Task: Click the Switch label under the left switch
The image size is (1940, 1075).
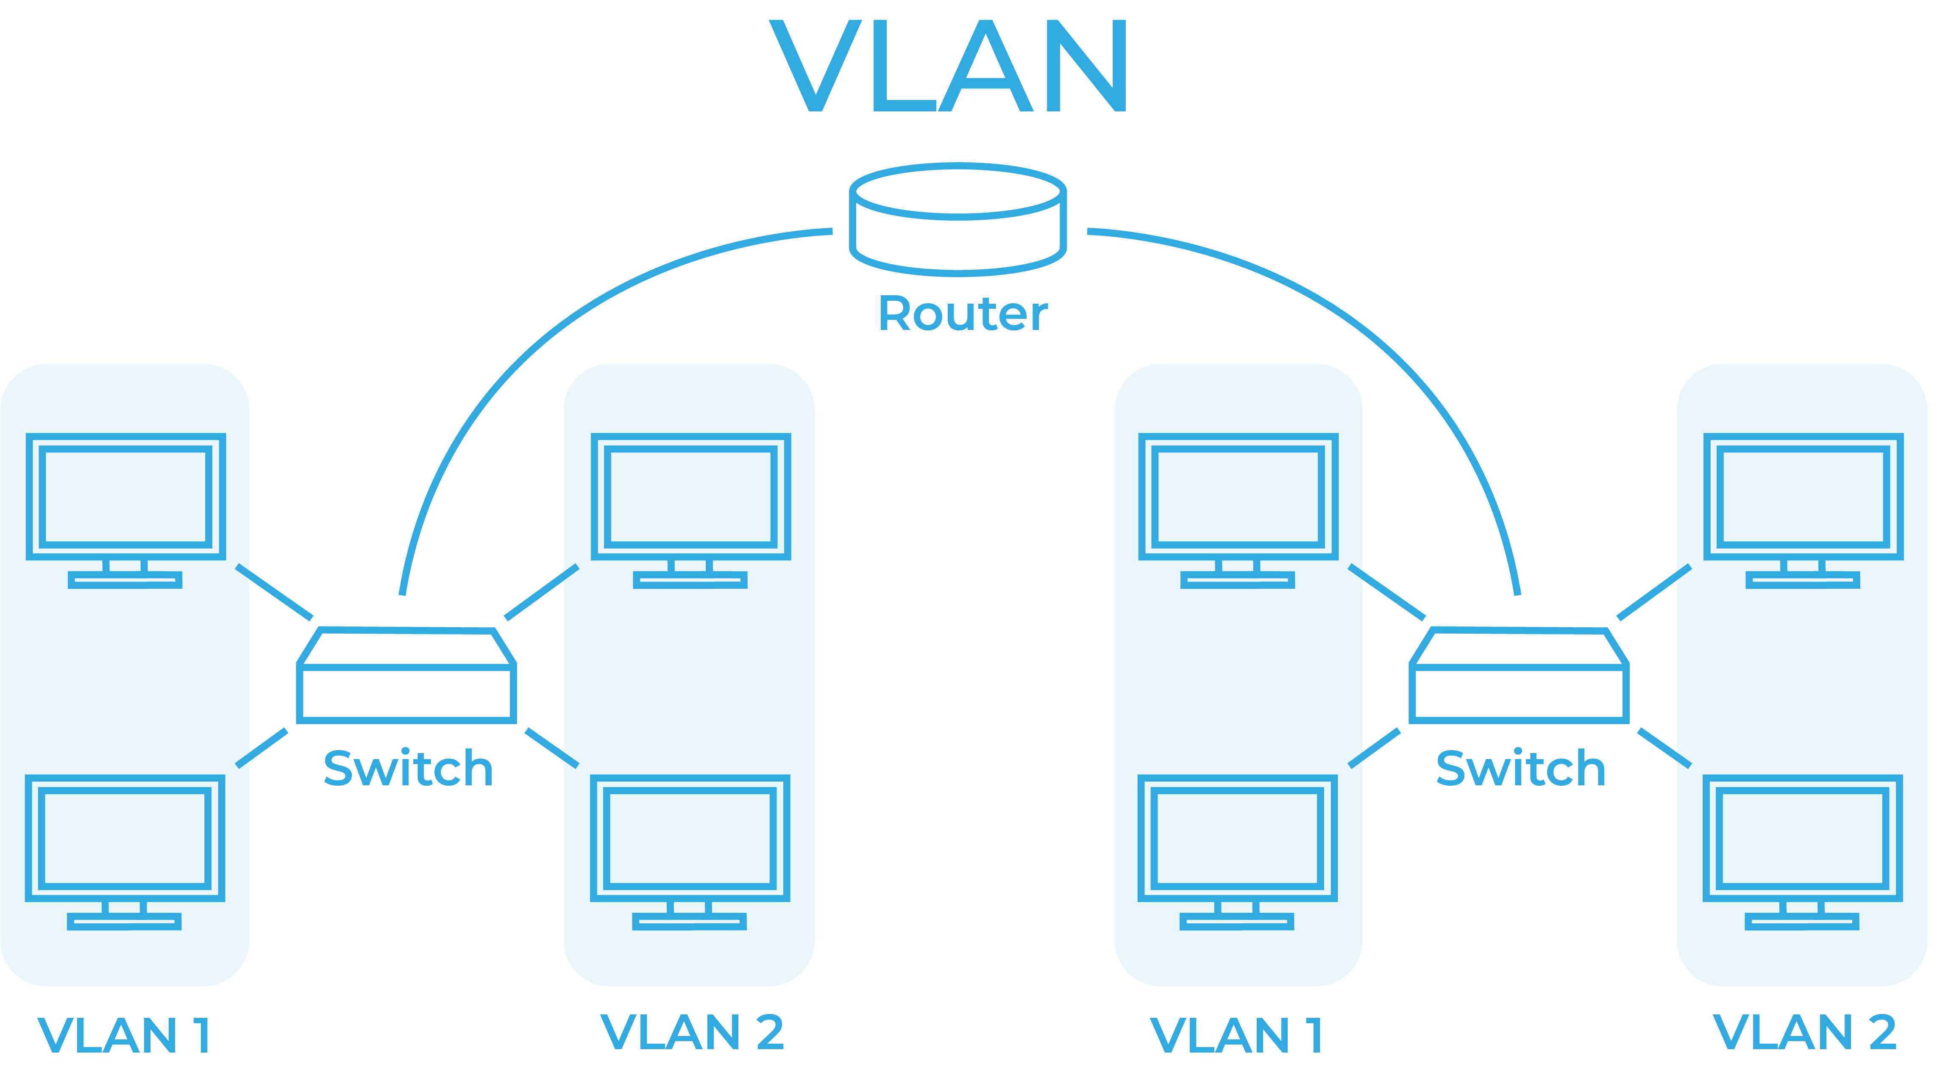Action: pyautogui.click(x=407, y=769)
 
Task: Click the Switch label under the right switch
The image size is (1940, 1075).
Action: pyautogui.click(x=1520, y=769)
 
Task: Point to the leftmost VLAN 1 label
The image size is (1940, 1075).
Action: pyautogui.click(x=124, y=1036)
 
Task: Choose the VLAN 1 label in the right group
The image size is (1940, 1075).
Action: pyautogui.click(x=1237, y=1036)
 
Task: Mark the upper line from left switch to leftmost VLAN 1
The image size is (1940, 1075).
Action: pyautogui.click(x=280, y=595)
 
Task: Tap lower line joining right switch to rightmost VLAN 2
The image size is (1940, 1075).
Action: pyautogui.click(x=1657, y=744)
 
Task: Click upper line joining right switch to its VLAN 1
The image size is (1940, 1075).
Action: pyautogui.click(x=1393, y=595)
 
